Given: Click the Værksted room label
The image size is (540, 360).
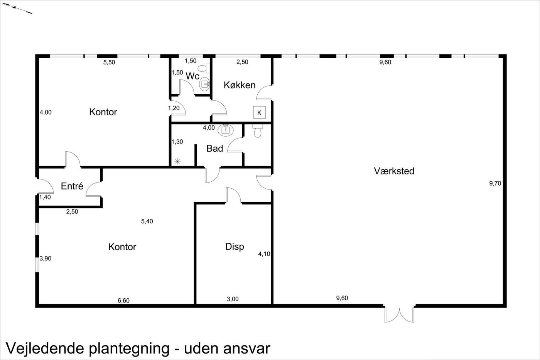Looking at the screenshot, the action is coord(394,171).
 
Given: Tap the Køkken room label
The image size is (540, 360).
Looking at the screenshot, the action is coord(240,85).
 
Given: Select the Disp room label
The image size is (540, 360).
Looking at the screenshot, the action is coord(235,247).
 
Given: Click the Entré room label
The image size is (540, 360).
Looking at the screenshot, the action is coord(72,186).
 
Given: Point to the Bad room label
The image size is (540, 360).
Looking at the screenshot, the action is coord(214,148).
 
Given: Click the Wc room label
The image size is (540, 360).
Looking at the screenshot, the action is coord(192,76).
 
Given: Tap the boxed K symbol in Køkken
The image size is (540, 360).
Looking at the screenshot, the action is coord(259,113).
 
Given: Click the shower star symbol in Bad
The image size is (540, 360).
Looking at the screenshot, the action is coord(177,161).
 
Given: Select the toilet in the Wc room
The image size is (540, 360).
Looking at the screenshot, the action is coord(204,68).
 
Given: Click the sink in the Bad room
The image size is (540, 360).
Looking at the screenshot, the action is coord(226,130).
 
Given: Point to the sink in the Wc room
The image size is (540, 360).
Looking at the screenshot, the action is coord(204,84).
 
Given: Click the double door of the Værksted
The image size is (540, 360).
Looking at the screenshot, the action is coord(400,314).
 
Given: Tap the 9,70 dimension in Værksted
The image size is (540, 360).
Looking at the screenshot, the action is coord(495,184).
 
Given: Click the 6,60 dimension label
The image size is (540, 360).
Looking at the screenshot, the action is coord(123,301).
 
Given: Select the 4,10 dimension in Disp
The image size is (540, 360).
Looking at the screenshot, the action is coord(264,254).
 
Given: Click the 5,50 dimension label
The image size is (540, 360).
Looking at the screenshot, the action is coord(109,62).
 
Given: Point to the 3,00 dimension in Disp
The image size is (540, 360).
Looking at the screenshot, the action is coord(233,299).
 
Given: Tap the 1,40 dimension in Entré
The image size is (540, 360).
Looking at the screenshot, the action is coord(45,197).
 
